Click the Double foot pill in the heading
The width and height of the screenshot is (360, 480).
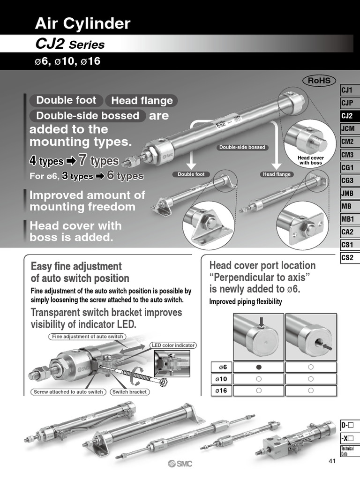point(66,100)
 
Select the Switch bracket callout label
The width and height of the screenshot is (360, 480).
point(130,392)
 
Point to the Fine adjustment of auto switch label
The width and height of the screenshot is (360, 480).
point(86,337)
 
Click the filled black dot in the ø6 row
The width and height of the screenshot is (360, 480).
point(258,367)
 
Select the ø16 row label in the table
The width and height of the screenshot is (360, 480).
point(220,390)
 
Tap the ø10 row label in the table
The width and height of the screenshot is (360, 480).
point(220,379)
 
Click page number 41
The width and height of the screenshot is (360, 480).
point(332,461)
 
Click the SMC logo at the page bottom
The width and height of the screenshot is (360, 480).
point(180,464)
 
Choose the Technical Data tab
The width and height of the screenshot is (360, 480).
point(347,451)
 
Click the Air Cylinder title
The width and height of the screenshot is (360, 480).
point(83,23)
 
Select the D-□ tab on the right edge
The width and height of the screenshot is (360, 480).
point(347,426)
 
